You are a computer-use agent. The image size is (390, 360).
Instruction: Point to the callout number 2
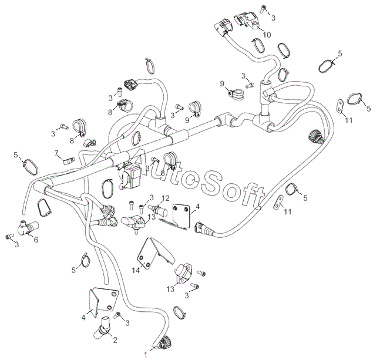click(x=115, y=340)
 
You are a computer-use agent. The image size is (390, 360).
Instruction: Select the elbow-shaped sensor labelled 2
click(x=105, y=325)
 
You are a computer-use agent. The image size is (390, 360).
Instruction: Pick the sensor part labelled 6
click(x=26, y=226)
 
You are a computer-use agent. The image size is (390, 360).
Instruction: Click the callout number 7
click(x=57, y=154)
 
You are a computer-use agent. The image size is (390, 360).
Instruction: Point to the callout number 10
click(x=267, y=35)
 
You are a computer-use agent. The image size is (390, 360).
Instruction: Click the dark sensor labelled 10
click(x=248, y=21)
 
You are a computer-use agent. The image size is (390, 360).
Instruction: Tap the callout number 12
click(x=166, y=198)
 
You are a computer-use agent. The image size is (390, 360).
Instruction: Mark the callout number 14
click(x=136, y=270)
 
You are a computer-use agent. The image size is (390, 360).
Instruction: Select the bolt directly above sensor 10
click(x=264, y=8)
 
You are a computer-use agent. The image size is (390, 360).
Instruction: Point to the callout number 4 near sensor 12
click(x=197, y=206)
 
